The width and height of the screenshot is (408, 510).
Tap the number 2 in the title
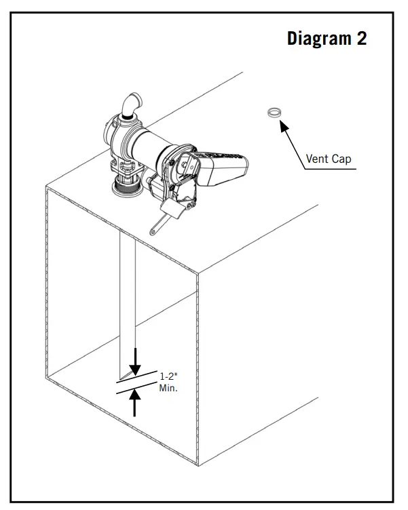tap(360, 39)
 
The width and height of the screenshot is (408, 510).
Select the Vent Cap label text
tap(329, 159)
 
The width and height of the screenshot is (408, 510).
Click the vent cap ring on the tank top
tap(274, 111)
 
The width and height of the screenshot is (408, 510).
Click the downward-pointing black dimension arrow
tap(135, 361)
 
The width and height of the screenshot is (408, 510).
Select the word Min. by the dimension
tap(168, 389)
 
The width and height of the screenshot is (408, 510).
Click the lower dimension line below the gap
tap(136, 390)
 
